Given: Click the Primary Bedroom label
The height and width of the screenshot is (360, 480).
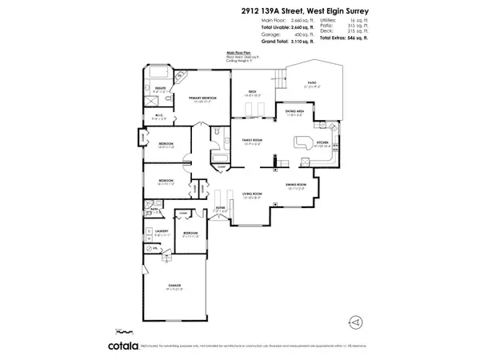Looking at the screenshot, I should [204, 97].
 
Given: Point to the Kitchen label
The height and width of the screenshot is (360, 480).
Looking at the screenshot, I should [323, 143].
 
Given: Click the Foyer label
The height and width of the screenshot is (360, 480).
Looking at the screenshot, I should [221, 210].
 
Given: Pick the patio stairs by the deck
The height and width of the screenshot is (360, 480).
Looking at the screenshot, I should [280, 79].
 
